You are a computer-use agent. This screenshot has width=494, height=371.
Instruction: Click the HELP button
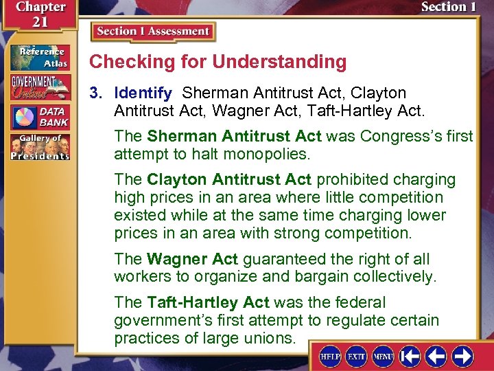[x=331, y=357]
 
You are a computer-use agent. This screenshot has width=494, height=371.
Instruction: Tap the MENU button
[x=382, y=357]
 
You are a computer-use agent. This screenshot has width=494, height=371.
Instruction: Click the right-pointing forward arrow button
[x=462, y=357]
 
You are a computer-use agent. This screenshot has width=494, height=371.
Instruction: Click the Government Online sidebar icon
[x=39, y=87]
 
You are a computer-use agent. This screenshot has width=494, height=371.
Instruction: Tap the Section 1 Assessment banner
[x=152, y=32]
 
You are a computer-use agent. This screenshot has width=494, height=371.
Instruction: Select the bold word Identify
[x=143, y=93]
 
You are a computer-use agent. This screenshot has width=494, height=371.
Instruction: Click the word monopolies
[x=274, y=154]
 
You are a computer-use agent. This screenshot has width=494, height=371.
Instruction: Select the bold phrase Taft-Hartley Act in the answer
[x=208, y=303]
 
